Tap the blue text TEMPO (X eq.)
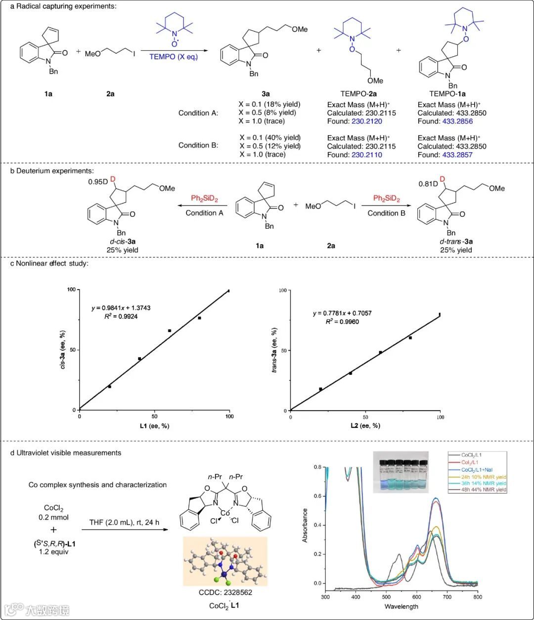click(174, 57)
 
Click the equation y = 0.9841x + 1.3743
click(121, 308)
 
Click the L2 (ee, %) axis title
click(365, 426)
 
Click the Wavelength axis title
click(401, 606)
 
